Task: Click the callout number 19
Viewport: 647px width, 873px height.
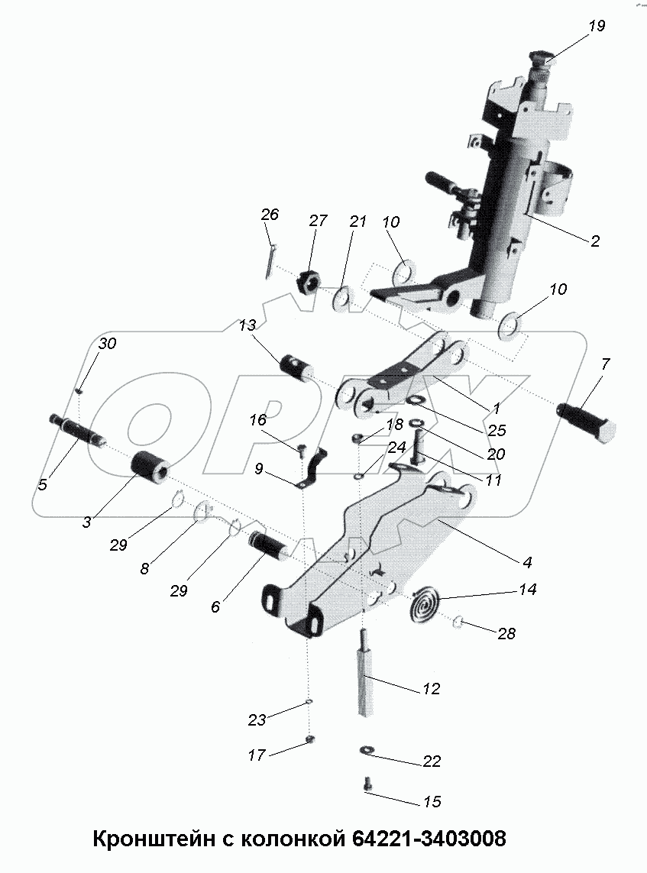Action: [x=597, y=26]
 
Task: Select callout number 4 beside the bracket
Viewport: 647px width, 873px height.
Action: [x=527, y=562]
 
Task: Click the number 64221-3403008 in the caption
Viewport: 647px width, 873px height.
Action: [x=428, y=839]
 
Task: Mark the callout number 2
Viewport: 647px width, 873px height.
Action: [x=594, y=241]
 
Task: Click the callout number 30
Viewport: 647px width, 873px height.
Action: [x=107, y=344]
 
